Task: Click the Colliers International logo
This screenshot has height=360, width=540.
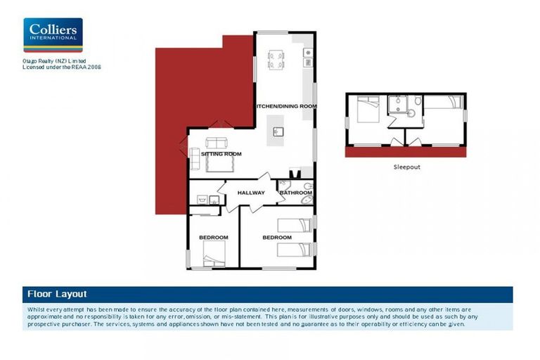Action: click(x=53, y=35)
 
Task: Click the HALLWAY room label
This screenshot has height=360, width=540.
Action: click(x=251, y=193)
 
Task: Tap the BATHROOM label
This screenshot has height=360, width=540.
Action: click(x=295, y=193)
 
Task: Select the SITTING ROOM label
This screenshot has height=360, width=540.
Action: click(x=221, y=153)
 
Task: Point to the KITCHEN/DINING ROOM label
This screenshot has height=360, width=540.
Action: click(x=285, y=106)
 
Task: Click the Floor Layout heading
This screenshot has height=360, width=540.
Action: click(x=57, y=294)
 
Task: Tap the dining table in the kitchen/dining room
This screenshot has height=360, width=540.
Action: click(x=276, y=58)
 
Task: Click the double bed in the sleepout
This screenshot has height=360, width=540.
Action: click(x=367, y=110)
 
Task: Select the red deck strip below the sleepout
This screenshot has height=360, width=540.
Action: click(x=406, y=152)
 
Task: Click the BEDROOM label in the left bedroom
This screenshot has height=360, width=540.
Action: click(x=214, y=238)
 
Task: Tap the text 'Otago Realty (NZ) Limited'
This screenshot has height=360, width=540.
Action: click(x=53, y=62)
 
